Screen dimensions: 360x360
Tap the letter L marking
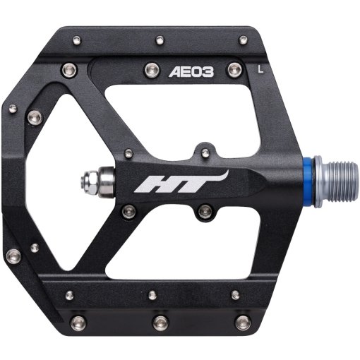[262, 68]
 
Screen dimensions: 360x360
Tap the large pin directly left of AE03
[150, 68]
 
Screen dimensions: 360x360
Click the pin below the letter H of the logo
[128, 210]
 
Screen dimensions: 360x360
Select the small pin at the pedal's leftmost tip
[12, 109]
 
